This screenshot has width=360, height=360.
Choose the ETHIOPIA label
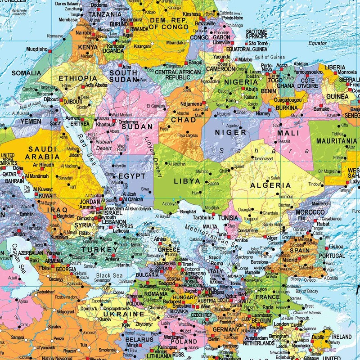(78, 78)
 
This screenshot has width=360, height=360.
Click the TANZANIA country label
(106, 14)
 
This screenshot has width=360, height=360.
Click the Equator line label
(318, 43)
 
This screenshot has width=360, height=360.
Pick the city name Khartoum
(106, 124)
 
